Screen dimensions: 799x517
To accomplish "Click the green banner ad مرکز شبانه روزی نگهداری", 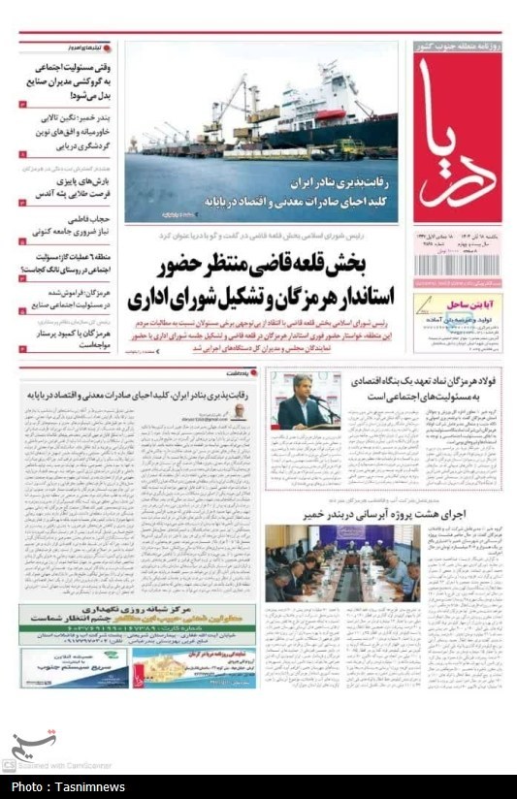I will tap(138, 618).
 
